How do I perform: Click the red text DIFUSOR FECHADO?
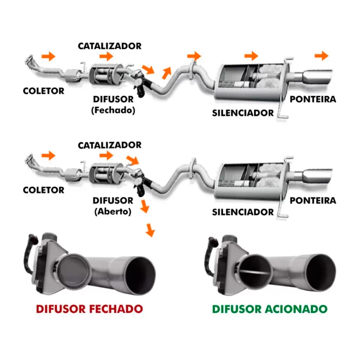coord(89,309)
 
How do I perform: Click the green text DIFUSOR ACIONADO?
coord(270,309)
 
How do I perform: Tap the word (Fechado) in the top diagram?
coord(112,110)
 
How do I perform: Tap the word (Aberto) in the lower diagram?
coord(112,212)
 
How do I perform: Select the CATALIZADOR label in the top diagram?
coord(110,46)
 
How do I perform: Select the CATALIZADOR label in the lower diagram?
coord(110,145)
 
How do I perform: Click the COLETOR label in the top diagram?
coord(44,91)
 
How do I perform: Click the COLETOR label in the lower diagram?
coord(44,190)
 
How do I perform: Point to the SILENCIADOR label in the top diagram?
coord(243,113)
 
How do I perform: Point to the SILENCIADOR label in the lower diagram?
coord(243,212)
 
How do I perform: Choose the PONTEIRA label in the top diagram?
coord(313,99)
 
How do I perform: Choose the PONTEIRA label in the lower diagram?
coord(313,201)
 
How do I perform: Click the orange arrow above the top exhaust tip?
coord(321,55)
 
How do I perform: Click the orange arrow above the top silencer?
coord(251,56)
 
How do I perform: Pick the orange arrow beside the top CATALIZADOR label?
coord(106,56)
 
